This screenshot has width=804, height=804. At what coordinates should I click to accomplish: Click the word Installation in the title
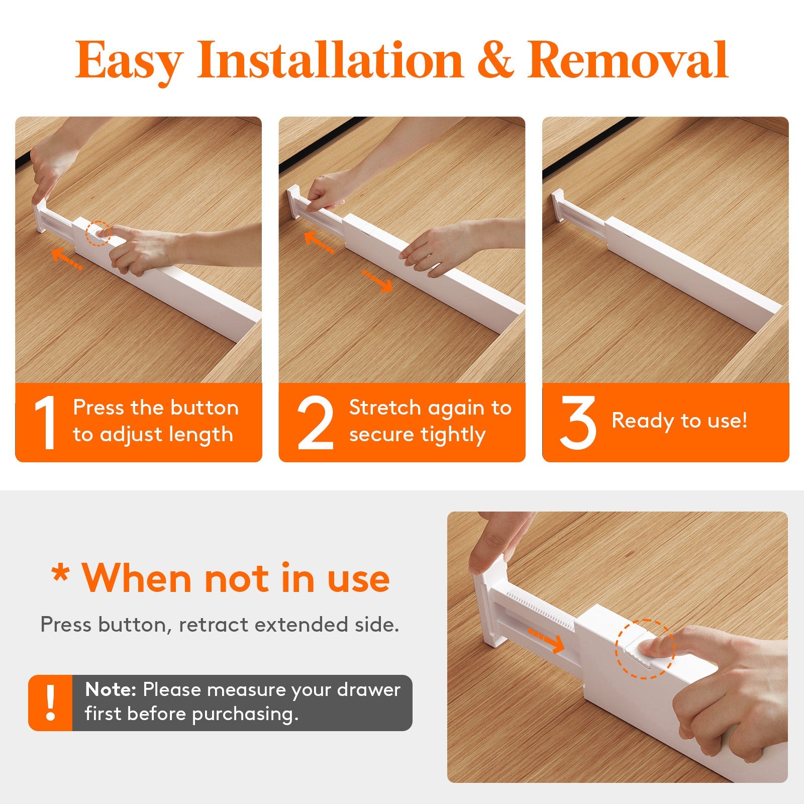(330, 61)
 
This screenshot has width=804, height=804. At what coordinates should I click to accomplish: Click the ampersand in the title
(495, 61)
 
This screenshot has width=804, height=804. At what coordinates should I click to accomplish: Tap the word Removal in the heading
(628, 61)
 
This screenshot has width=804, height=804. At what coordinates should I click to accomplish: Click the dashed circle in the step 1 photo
(97, 234)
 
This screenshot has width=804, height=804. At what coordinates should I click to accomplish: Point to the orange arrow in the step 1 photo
(67, 259)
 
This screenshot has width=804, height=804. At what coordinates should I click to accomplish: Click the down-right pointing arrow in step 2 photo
(378, 281)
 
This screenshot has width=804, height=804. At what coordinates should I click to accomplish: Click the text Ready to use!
(679, 421)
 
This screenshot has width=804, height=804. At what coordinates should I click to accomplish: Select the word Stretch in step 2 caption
(384, 408)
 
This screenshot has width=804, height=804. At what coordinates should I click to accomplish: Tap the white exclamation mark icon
(50, 702)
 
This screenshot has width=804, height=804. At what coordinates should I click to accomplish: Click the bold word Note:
(111, 690)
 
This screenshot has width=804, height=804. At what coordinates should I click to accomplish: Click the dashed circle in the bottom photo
(645, 649)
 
